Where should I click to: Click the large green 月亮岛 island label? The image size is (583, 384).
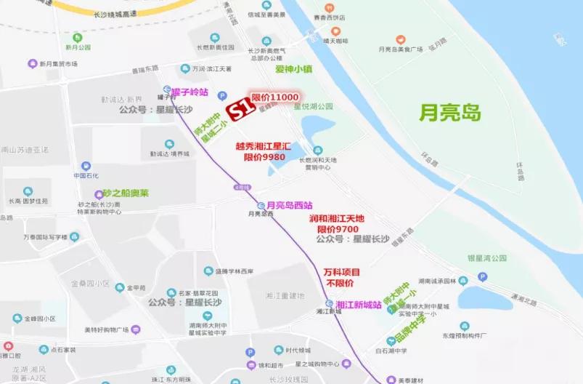click(x=450, y=112)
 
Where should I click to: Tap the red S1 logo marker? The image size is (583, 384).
click(x=240, y=110)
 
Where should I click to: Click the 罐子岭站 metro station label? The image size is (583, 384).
click(x=190, y=92)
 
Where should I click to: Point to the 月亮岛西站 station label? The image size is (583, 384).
click(x=290, y=205)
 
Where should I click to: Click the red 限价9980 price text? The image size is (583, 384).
click(x=264, y=157)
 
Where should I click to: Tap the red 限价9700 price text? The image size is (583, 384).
click(x=337, y=228)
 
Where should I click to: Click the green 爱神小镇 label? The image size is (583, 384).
click(x=293, y=70)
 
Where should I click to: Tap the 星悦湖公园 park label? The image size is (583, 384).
click(x=312, y=106)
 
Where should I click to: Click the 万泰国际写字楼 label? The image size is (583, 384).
click(x=44, y=237)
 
